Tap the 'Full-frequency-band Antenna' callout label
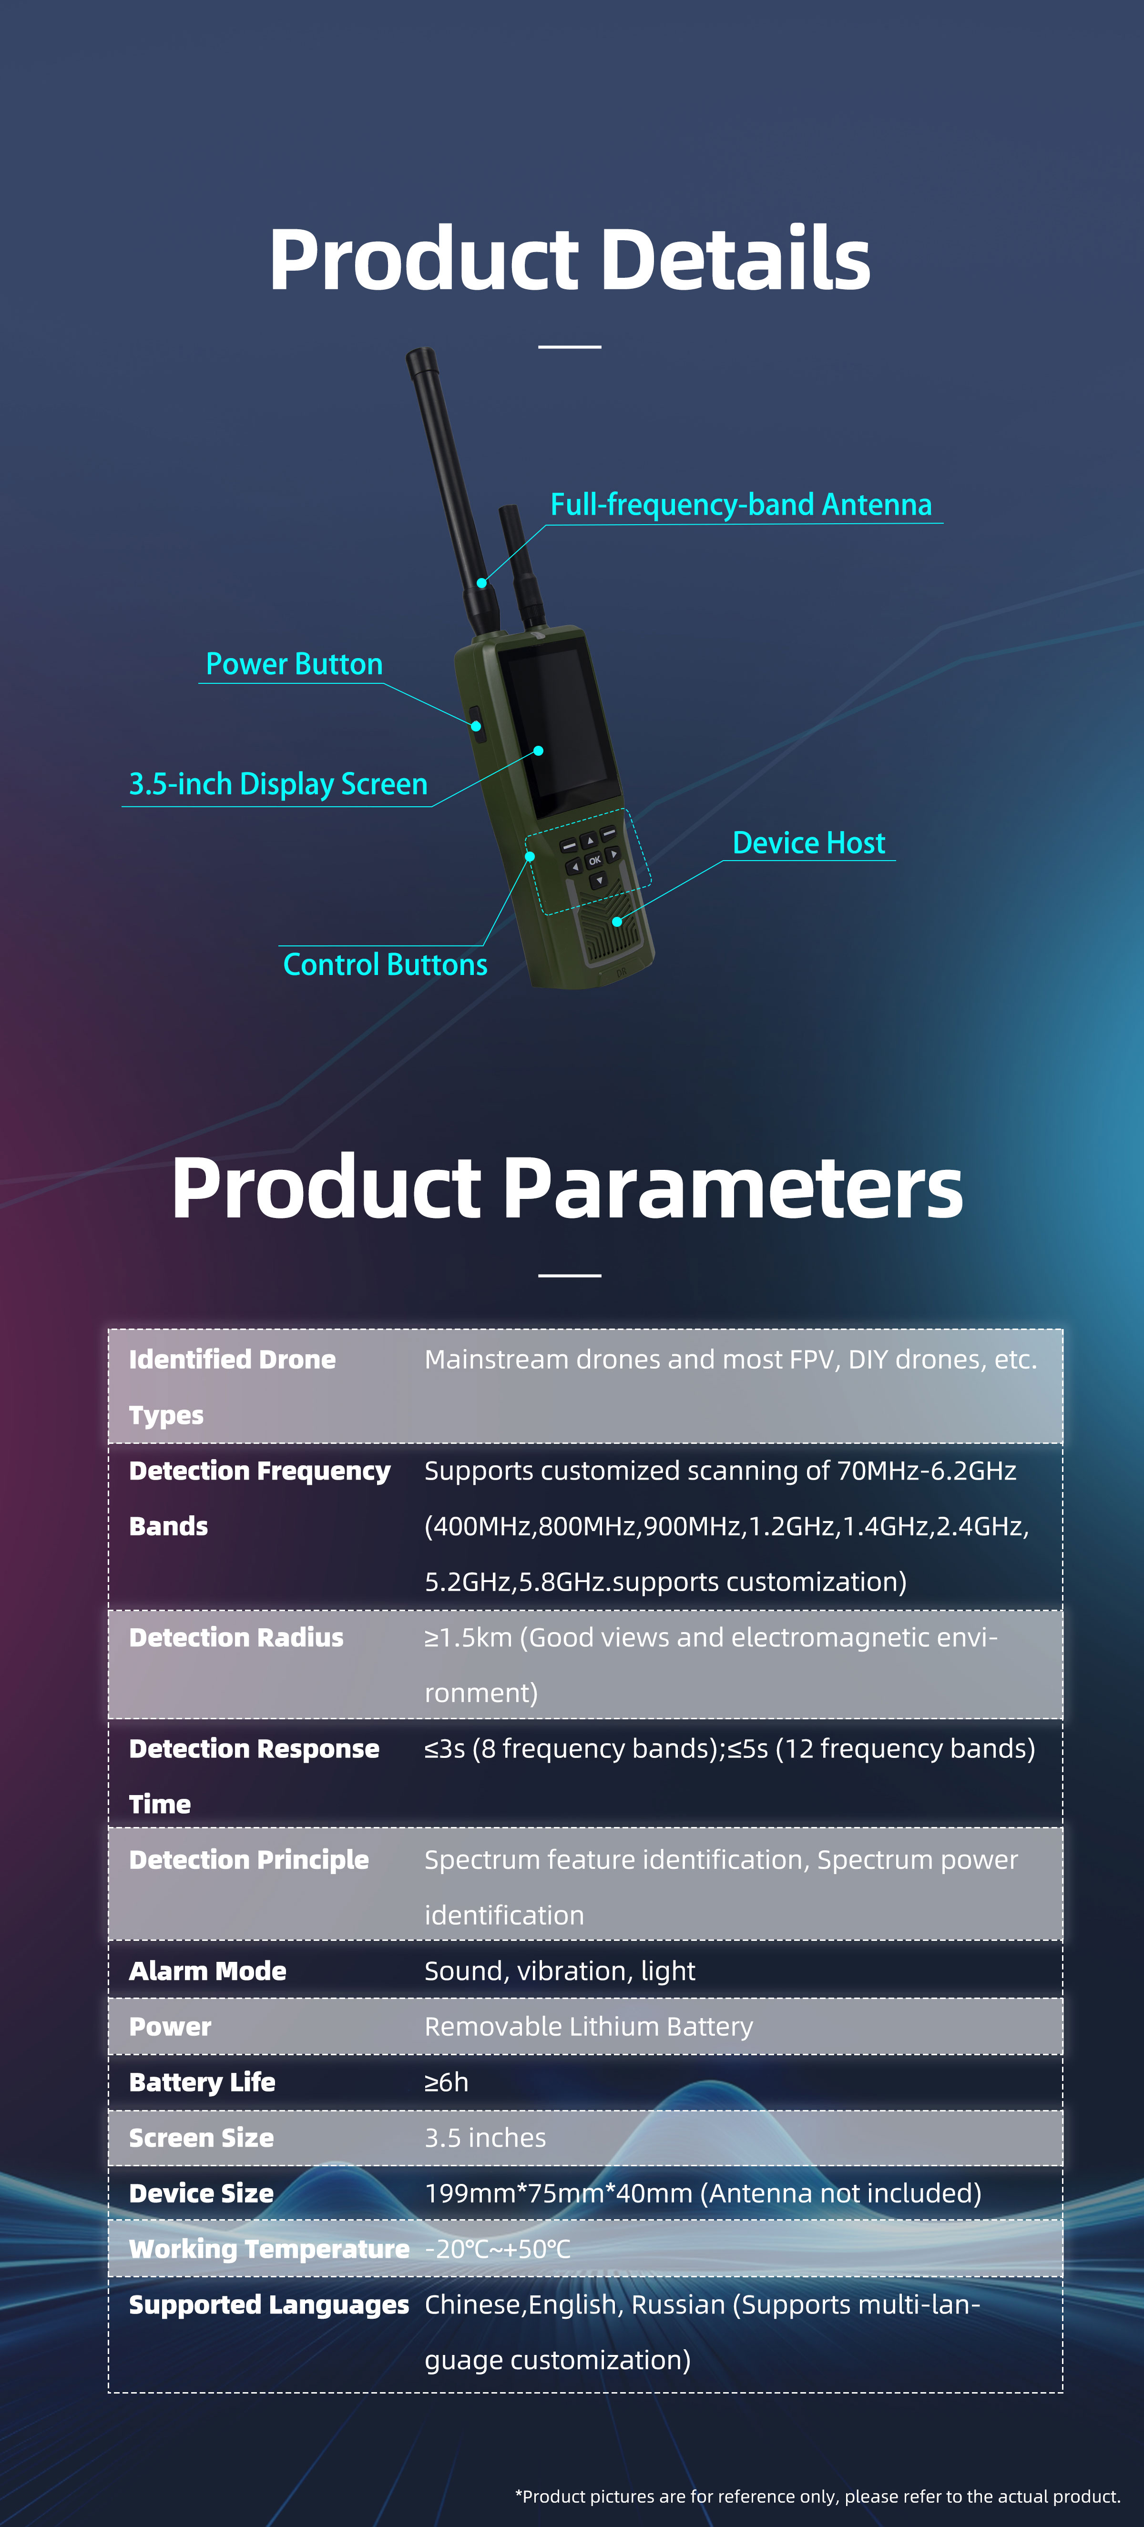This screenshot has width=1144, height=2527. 741,504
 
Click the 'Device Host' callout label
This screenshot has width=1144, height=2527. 808,842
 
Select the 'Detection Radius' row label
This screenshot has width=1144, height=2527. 236,1637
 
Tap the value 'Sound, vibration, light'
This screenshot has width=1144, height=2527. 559,1971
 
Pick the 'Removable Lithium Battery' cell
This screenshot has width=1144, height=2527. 589,2027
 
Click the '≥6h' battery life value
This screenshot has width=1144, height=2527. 447,2081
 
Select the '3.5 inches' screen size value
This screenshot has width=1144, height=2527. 485,2138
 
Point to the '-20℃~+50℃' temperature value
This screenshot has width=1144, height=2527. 498,2248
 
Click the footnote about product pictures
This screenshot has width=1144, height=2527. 817,2496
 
